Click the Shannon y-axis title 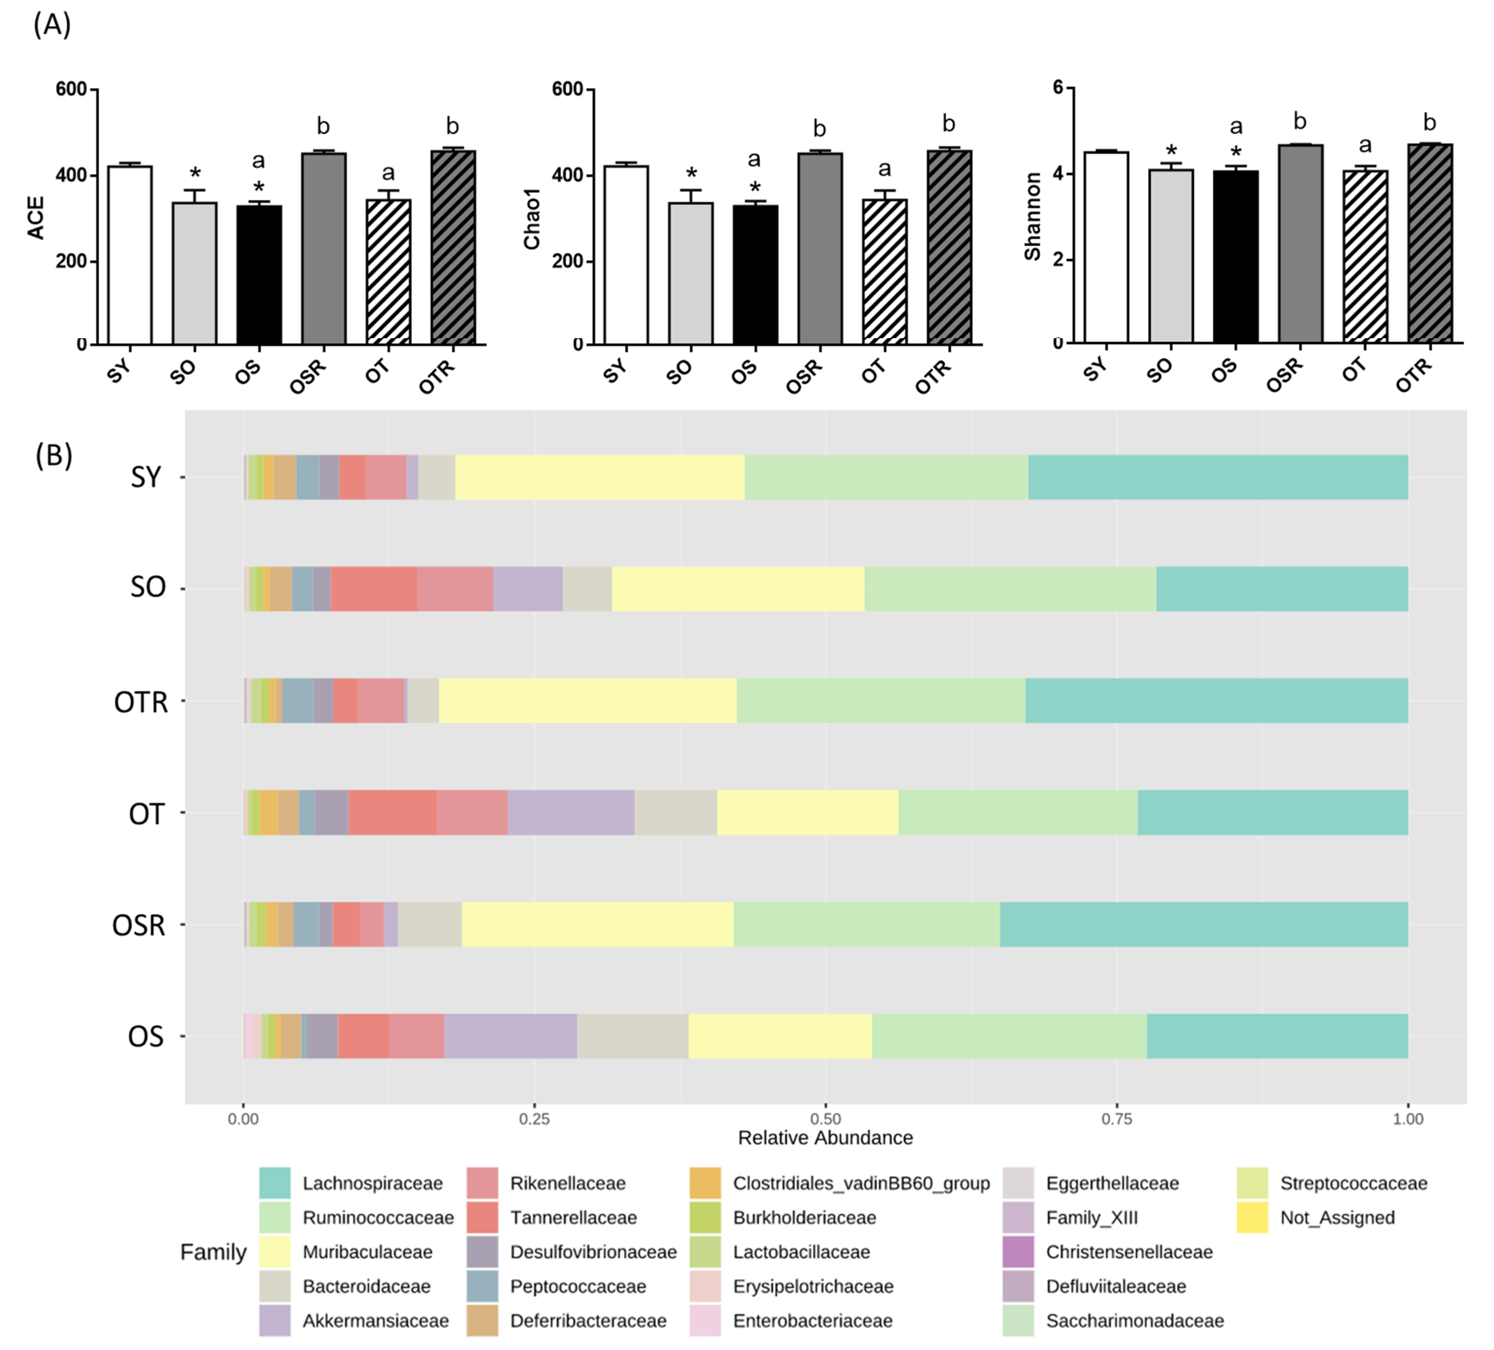[1032, 216]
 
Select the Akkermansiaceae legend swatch [274, 1320]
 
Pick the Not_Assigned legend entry [1337, 1217]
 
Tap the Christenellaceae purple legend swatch [1018, 1252]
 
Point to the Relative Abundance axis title [825, 1137]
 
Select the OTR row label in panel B [141, 701]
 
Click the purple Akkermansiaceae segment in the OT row [571, 812]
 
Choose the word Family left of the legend [213, 1252]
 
